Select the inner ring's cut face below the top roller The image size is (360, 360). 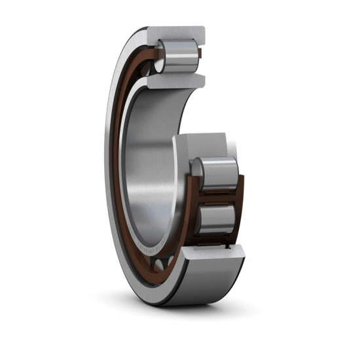(x=175, y=80)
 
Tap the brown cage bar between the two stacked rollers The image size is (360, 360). (x=218, y=196)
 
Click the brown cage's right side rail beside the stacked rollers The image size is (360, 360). (x=240, y=203)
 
